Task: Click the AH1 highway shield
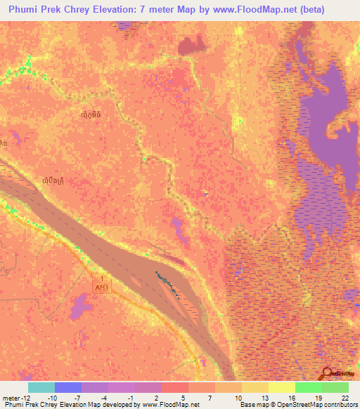101,283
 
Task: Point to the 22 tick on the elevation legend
345,398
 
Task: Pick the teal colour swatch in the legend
41,387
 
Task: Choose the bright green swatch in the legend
309,387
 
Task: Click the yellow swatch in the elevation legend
255,387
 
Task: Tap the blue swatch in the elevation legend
68,387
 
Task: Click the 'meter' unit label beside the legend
10,398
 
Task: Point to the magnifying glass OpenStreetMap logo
328,373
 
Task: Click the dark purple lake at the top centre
189,46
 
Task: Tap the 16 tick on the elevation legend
291,398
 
